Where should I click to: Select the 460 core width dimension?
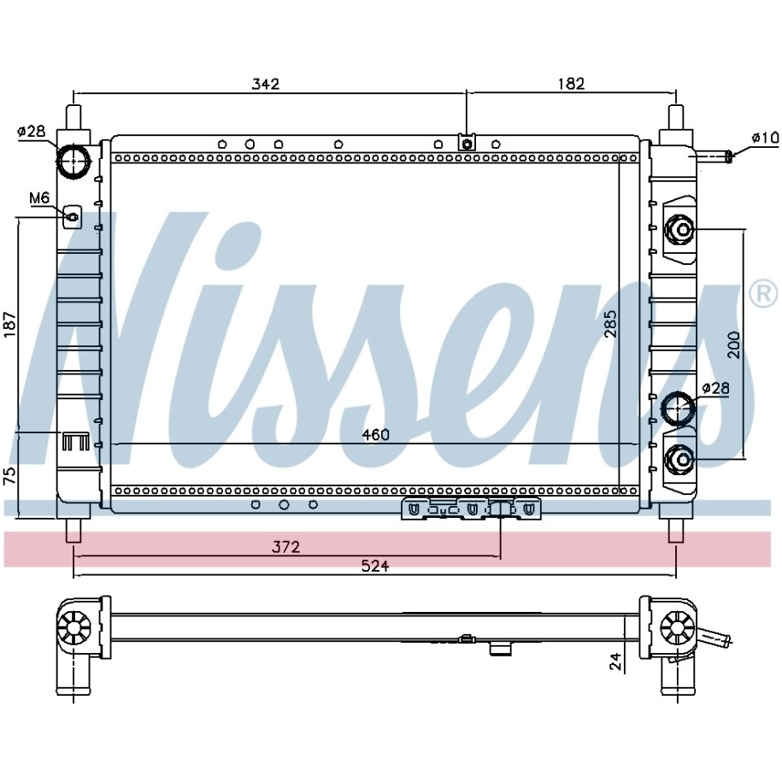pos(375,435)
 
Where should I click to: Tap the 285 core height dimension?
pos(611,324)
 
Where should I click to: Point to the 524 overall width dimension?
pos(375,566)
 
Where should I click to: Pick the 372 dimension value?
pos(285,547)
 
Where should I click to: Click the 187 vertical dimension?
pos(11,324)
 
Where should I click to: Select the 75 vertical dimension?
pos(11,476)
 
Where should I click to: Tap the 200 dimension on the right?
pos(733,344)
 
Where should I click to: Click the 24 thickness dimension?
pos(616,661)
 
